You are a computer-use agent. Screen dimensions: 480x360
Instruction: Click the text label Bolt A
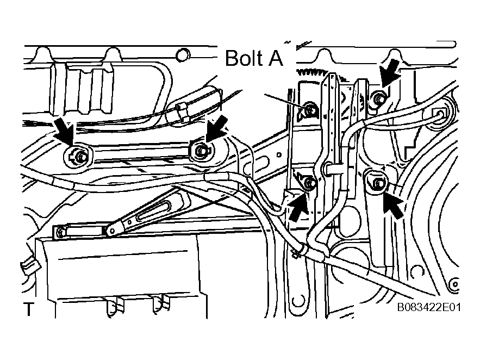(254, 58)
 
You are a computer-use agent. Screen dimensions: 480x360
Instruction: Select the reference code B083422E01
(428, 307)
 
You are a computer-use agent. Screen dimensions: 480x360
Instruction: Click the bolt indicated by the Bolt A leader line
(310, 110)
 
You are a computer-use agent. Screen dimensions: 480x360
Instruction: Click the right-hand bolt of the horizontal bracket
(201, 150)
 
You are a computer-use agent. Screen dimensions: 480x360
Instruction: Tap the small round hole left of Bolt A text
(183, 55)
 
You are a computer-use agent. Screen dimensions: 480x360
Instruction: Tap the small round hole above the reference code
(454, 284)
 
